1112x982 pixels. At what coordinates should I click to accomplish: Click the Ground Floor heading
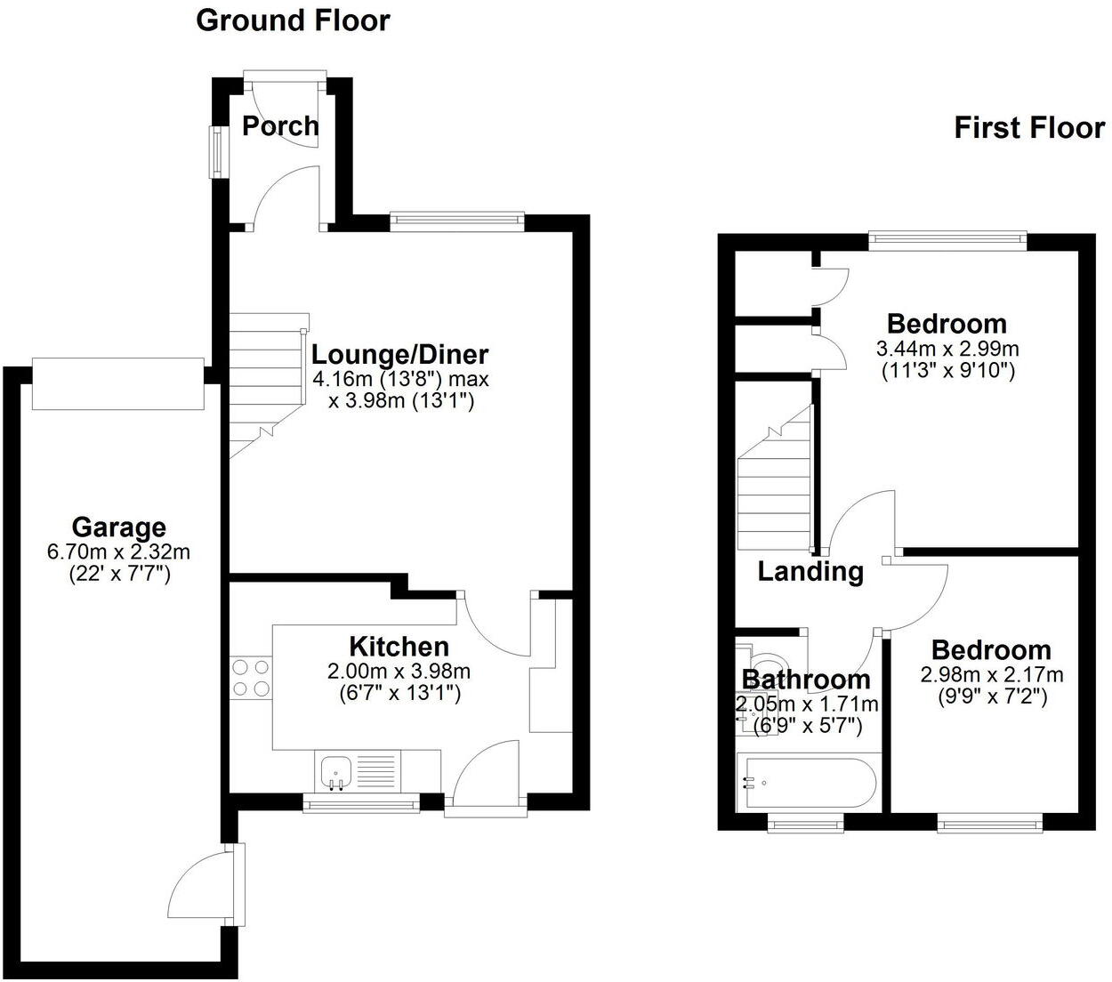(292, 20)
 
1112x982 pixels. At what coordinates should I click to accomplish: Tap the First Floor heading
(1028, 127)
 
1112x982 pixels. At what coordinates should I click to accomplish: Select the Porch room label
(280, 125)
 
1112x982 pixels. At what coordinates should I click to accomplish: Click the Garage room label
(118, 527)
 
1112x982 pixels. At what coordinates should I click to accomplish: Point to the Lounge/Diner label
(399, 354)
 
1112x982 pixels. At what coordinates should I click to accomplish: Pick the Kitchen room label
(398, 647)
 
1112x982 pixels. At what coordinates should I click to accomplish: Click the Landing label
(810, 571)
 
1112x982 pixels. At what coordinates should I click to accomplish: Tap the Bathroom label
(806, 680)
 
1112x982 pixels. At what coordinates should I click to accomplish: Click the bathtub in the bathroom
(806, 783)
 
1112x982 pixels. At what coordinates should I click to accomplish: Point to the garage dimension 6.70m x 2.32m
(118, 552)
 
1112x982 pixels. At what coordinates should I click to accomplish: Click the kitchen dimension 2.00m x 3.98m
(398, 671)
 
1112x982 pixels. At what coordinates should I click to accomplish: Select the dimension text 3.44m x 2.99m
(947, 348)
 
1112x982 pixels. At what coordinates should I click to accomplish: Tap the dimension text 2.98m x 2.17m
(991, 674)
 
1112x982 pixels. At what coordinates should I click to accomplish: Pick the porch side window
(215, 151)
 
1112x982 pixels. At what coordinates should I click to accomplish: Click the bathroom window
(806, 825)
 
